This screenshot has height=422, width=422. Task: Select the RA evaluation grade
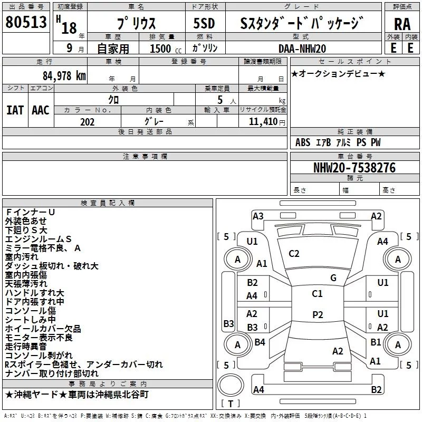402,24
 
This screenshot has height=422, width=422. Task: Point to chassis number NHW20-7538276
354,168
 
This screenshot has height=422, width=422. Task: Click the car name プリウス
136,24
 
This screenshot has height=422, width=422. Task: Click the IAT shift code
15,110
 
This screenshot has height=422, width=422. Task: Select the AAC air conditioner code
40,110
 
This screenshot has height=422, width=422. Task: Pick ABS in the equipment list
303,142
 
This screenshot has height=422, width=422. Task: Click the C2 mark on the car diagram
294,254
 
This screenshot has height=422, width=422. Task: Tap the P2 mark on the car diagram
317,314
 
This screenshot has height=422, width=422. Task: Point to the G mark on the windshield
333,278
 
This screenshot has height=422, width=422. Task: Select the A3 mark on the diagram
258,216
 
